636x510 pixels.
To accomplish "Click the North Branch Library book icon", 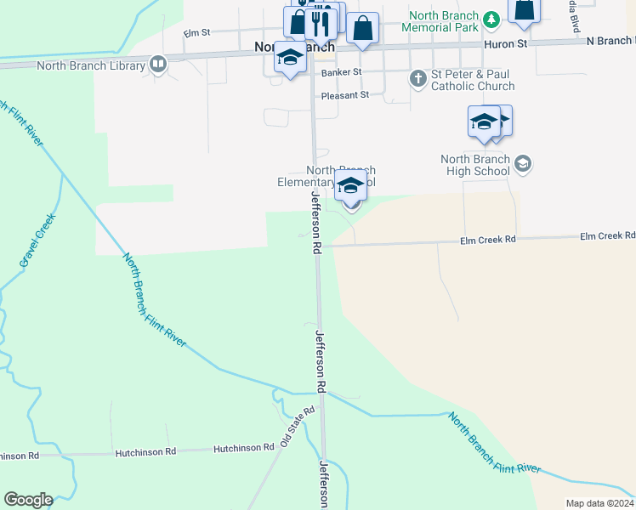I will tap(157, 65).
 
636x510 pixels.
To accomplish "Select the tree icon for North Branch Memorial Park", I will tap(491, 19).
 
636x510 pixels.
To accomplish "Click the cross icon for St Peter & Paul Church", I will tap(417, 79).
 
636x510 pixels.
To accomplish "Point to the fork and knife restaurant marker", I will tap(321, 22).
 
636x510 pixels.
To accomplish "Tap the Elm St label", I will tap(196, 32).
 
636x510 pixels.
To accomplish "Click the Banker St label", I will tap(342, 72).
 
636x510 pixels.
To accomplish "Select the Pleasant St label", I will tap(345, 95).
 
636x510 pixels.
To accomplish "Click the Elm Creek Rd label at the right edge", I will tap(607, 235).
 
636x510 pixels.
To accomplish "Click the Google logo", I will tap(28, 500).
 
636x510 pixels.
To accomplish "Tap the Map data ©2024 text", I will tap(599, 503).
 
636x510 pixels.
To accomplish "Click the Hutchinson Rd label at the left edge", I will tap(20, 456).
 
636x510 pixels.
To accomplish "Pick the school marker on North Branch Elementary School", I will tap(350, 186).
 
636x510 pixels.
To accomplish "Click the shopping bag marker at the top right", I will tap(525, 9).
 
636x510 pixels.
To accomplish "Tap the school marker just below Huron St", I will tap(290, 58).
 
